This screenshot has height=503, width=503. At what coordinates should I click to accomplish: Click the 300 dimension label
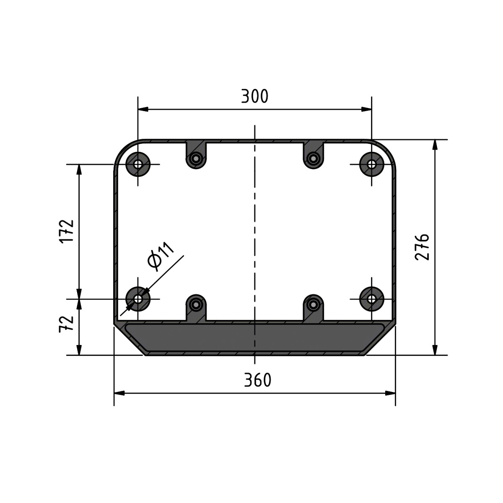[254, 96]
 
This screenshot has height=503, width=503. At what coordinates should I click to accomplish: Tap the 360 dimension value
[258, 380]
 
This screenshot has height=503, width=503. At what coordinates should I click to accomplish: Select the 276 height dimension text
[422, 247]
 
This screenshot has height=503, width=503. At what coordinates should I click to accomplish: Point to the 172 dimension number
[66, 231]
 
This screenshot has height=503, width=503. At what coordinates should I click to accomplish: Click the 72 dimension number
[66, 324]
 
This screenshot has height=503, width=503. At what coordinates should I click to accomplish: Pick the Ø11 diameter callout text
[160, 256]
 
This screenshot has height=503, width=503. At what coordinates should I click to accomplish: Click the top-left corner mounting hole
[138, 164]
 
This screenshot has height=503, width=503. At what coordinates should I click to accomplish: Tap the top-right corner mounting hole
[371, 164]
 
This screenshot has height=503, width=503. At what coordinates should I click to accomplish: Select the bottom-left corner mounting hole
[138, 299]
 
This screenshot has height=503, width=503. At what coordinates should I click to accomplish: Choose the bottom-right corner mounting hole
[371, 299]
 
